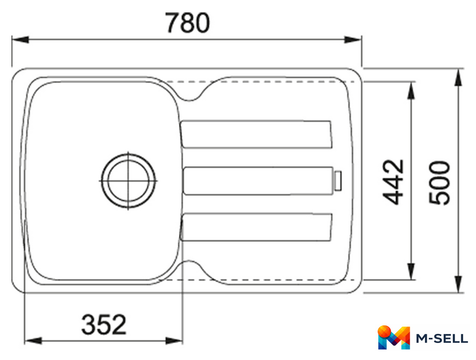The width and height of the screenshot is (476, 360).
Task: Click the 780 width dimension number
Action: (x=188, y=23)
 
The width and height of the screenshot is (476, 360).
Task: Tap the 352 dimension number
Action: (x=104, y=324)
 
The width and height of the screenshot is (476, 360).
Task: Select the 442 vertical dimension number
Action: (x=393, y=181)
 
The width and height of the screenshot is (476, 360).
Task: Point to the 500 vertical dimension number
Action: (x=439, y=183)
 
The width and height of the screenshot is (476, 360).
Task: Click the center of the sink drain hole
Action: (x=128, y=181)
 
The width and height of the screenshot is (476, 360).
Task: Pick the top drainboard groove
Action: (x=256, y=134)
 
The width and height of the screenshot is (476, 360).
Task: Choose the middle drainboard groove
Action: (x=258, y=181)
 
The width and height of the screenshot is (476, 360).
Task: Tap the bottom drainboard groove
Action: (x=256, y=227)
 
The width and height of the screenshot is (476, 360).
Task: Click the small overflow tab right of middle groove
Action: (x=338, y=181)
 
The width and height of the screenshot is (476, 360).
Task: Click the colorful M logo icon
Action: (x=394, y=337)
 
